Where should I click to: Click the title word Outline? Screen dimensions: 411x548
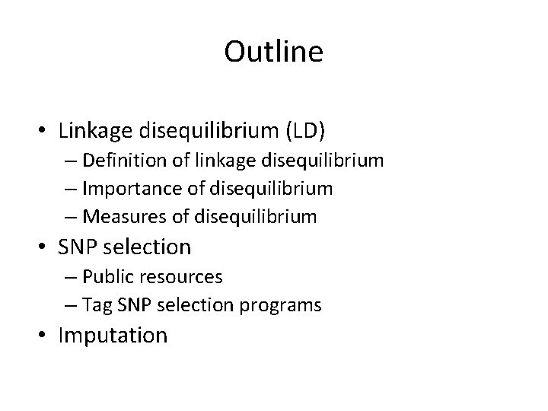point(274,53)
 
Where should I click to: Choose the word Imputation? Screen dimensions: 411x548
point(113,336)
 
